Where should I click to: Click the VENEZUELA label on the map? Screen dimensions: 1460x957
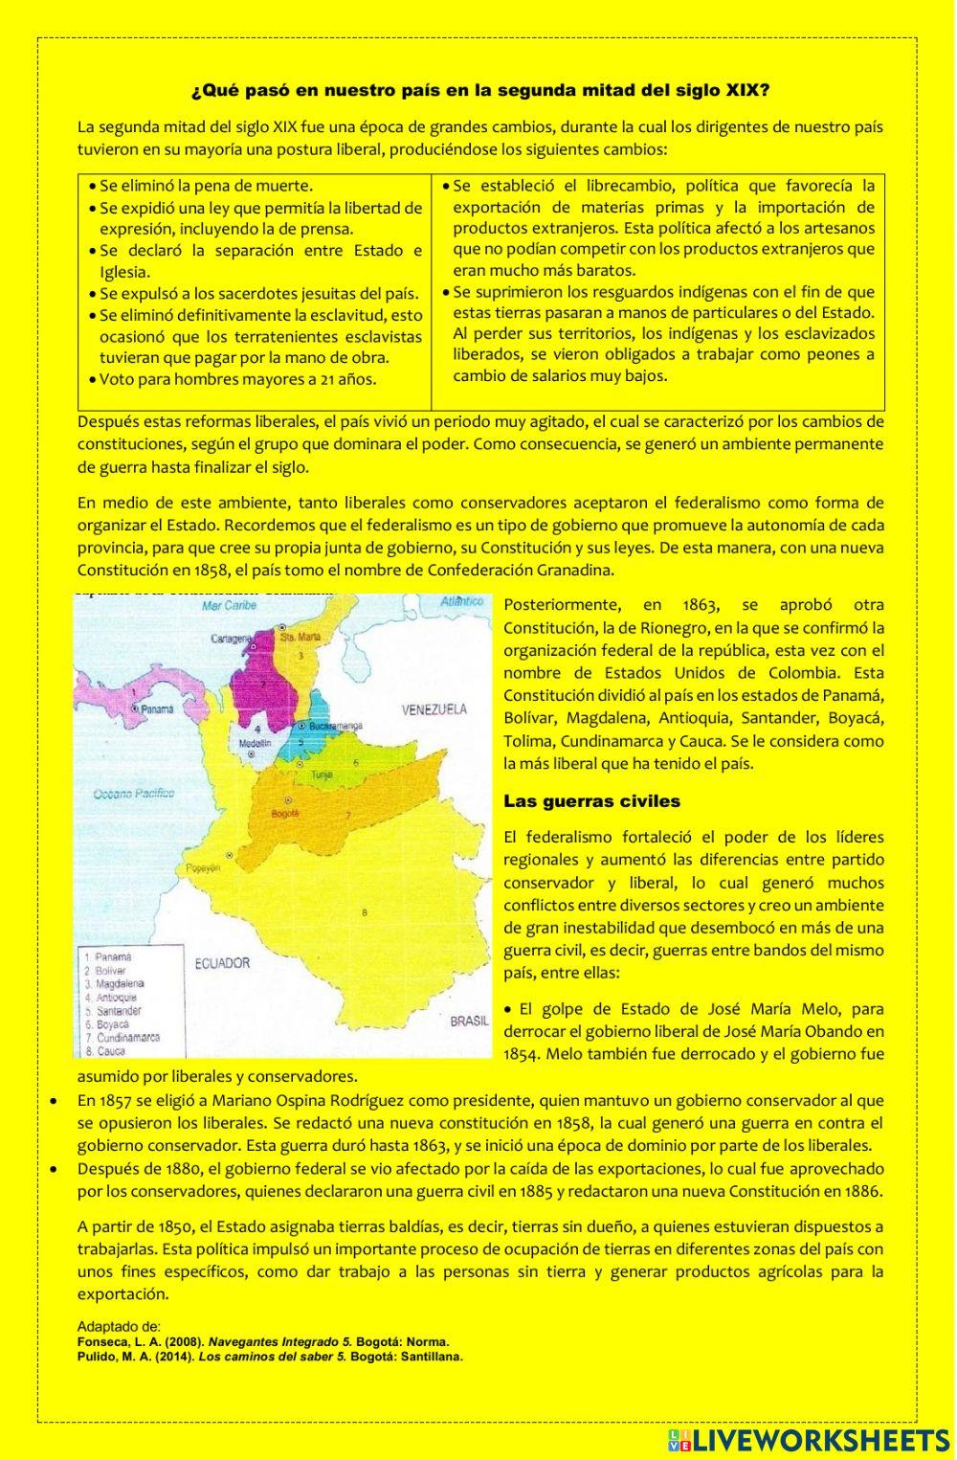click(434, 709)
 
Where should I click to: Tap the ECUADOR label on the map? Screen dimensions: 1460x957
click(221, 963)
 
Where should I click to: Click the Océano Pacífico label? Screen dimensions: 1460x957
click(134, 793)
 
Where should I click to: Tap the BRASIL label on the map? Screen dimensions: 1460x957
click(469, 1022)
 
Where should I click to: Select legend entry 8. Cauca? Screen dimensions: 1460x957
click(112, 1051)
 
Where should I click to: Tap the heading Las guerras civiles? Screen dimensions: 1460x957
click(591, 800)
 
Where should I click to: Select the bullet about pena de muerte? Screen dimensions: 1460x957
click(206, 186)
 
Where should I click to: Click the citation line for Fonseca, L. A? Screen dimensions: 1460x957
click(263, 1342)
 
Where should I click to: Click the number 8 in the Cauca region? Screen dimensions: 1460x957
click(365, 912)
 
